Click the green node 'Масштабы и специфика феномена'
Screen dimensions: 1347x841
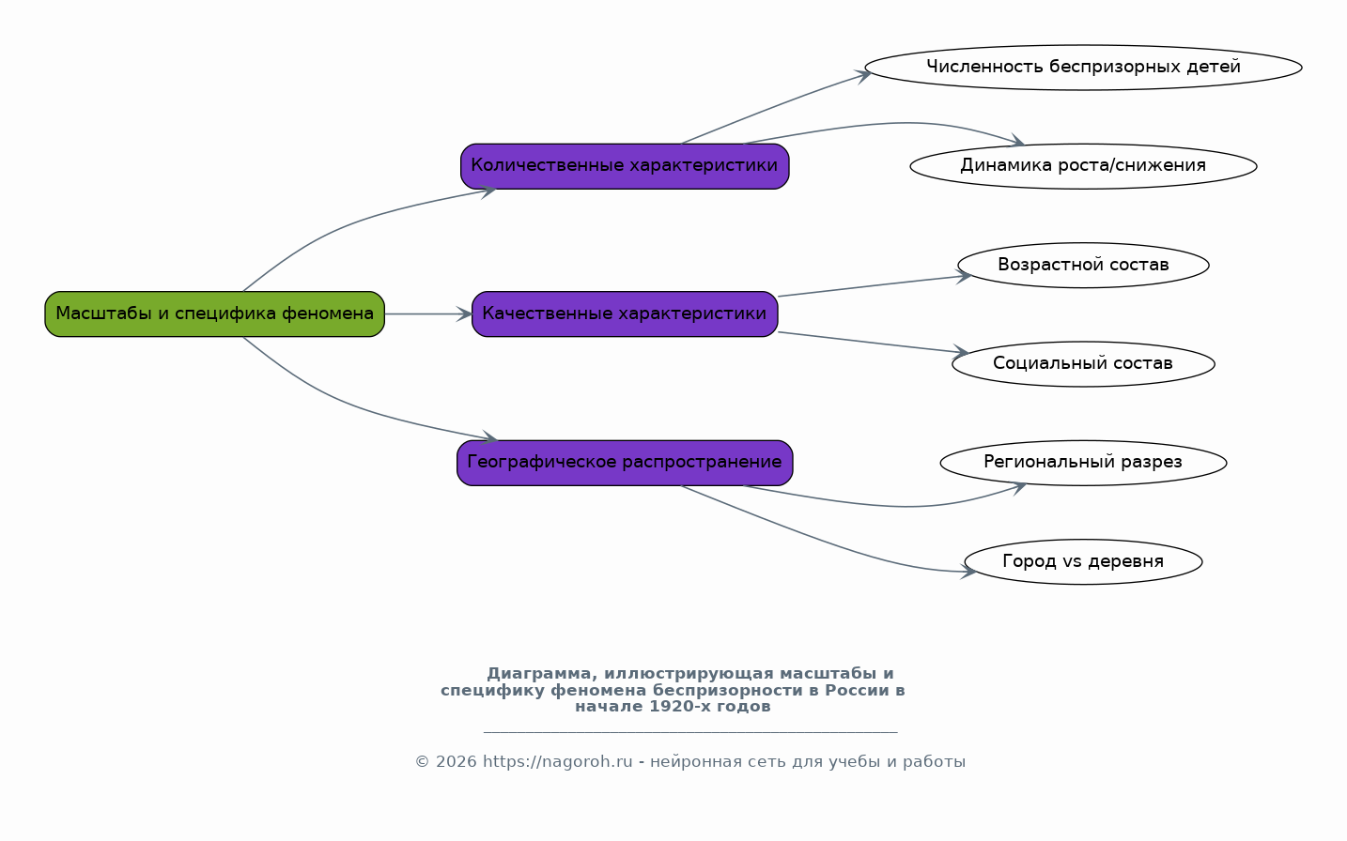click(x=215, y=314)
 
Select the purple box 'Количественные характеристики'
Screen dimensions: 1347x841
click(x=625, y=166)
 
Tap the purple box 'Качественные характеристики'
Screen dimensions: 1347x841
click(x=625, y=314)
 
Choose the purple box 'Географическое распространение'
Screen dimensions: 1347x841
click(x=625, y=463)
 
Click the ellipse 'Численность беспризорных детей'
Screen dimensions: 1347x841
click(x=1084, y=68)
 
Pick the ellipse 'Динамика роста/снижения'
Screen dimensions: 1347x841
click(x=1084, y=166)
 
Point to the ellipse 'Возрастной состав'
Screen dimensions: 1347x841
click(x=1084, y=266)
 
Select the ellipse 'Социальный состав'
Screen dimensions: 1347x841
click(x=1084, y=364)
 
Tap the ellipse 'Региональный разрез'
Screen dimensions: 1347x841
click(x=1084, y=463)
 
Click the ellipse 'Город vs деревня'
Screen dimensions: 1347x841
click(x=1084, y=561)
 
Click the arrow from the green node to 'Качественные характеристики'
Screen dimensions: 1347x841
click(x=428, y=314)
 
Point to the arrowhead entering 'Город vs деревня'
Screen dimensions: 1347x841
click(x=968, y=572)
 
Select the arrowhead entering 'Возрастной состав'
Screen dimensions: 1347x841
click(x=965, y=276)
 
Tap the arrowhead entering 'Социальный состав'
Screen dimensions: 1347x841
click(x=961, y=352)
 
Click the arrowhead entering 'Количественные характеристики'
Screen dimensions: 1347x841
click(x=488, y=191)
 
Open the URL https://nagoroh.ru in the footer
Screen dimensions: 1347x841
click(x=557, y=762)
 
